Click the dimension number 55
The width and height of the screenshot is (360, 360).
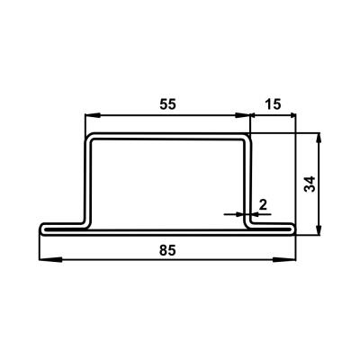[x=167, y=104]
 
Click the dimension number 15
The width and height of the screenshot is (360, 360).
[x=274, y=104]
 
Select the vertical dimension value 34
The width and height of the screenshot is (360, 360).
[x=310, y=184]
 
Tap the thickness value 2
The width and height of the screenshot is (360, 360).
[x=263, y=205]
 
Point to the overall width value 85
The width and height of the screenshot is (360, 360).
[x=167, y=250]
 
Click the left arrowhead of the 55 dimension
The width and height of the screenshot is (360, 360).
[x=93, y=115]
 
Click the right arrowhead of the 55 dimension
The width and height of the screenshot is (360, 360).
[x=242, y=115]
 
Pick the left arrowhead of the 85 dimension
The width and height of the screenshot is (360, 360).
[x=50, y=259]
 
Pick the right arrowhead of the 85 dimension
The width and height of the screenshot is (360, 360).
[x=284, y=259]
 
